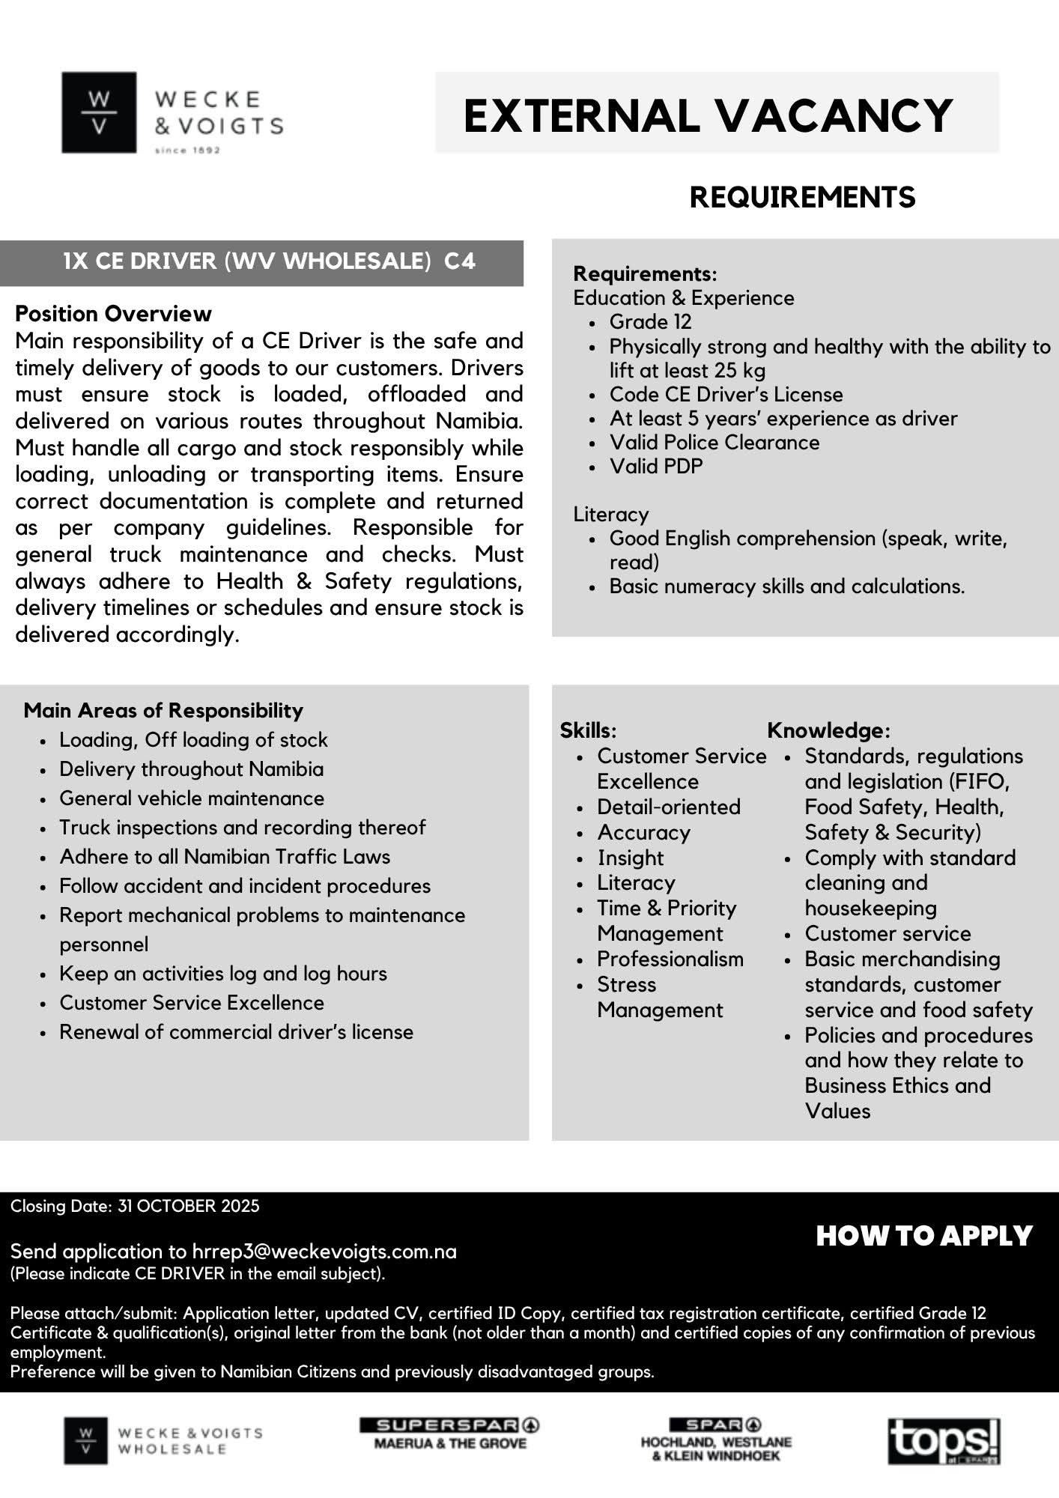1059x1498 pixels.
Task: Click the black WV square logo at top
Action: tap(99, 112)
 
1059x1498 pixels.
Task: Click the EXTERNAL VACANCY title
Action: tap(708, 115)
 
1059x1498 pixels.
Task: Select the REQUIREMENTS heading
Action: tap(802, 197)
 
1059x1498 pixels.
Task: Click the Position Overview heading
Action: tap(113, 313)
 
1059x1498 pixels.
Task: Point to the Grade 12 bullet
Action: tap(650, 322)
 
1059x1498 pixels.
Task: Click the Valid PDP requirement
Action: tap(656, 466)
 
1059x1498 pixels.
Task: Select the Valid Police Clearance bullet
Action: tap(714, 442)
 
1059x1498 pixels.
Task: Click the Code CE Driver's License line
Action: tap(726, 394)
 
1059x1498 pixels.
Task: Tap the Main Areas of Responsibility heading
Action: tap(163, 710)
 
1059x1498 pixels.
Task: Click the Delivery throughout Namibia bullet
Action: tap(192, 769)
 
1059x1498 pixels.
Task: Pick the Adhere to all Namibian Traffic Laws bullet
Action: tap(225, 857)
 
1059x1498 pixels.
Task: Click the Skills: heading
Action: tap(588, 730)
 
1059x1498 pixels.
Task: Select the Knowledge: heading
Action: tap(828, 730)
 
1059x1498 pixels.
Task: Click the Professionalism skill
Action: tap(670, 959)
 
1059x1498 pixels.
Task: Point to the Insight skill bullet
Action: tap(630, 858)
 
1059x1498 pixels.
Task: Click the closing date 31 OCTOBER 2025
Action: tap(188, 1206)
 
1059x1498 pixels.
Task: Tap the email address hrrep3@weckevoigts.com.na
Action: tap(324, 1251)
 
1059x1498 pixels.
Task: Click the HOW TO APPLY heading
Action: tap(923, 1236)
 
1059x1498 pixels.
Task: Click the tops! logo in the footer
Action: tap(943, 1441)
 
